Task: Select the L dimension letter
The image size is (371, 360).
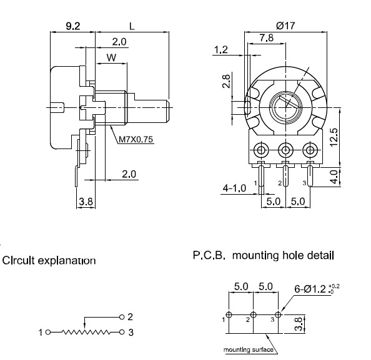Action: [132, 26]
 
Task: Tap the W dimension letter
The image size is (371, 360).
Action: [111, 57]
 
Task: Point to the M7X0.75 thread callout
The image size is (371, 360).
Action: [136, 140]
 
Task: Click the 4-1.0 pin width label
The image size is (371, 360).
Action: [235, 187]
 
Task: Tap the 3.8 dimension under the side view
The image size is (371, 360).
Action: [85, 202]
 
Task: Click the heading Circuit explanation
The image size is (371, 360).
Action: [49, 260]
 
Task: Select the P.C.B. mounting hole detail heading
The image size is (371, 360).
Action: [262, 255]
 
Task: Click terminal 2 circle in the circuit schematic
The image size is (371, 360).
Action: [122, 317]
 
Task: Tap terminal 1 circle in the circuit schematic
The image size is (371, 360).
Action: [47, 333]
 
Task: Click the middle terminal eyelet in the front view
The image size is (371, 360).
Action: [286, 150]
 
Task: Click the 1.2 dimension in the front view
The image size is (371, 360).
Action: [220, 49]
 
